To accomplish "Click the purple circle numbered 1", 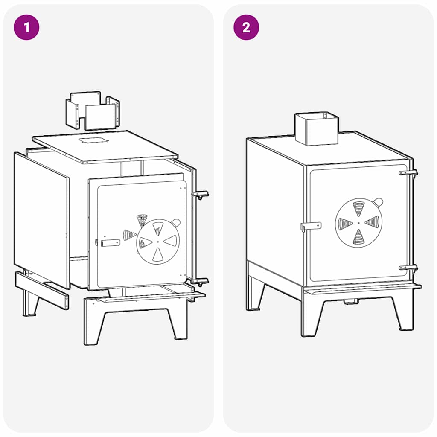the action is pyautogui.click(x=26, y=27).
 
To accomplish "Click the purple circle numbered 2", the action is pyautogui.click(x=246, y=27).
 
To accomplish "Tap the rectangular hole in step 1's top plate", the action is pyautogui.click(x=93, y=140).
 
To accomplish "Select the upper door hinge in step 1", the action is pyautogui.click(x=200, y=195).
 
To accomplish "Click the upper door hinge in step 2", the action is pyautogui.click(x=408, y=173).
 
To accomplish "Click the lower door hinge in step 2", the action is pyautogui.click(x=408, y=268).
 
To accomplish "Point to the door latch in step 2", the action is pyautogui.click(x=311, y=226).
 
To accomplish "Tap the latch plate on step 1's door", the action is pyautogui.click(x=111, y=243).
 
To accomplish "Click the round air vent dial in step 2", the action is pyautogui.click(x=358, y=223).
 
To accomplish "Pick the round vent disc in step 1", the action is pyautogui.click(x=158, y=242).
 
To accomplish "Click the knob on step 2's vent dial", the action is pyautogui.click(x=378, y=202).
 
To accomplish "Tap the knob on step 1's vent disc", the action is pyautogui.click(x=176, y=222).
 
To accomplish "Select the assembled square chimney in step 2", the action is pyautogui.click(x=317, y=129).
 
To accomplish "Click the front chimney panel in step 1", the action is pyautogui.click(x=101, y=117).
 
